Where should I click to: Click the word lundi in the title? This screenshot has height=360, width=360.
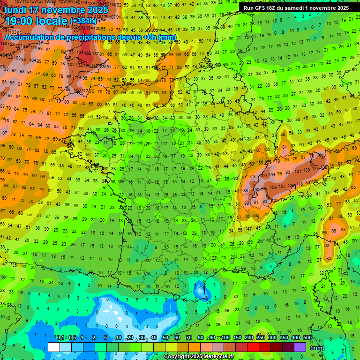17,10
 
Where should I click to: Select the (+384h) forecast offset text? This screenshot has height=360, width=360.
83,21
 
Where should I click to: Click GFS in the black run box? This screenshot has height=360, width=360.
261,8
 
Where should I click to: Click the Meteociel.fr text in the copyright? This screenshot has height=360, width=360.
219,357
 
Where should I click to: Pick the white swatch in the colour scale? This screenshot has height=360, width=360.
54,347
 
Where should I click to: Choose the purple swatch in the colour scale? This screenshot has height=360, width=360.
300,347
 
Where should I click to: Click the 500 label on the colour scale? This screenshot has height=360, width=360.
307,338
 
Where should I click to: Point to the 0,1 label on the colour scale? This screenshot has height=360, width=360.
60,338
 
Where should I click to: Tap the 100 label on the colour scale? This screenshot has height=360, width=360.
225,338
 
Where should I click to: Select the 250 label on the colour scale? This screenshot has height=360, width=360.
261,338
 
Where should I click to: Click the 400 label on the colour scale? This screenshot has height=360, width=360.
295,338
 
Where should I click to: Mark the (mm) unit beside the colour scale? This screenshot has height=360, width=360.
317,348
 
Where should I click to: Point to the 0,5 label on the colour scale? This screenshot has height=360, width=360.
72,338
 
